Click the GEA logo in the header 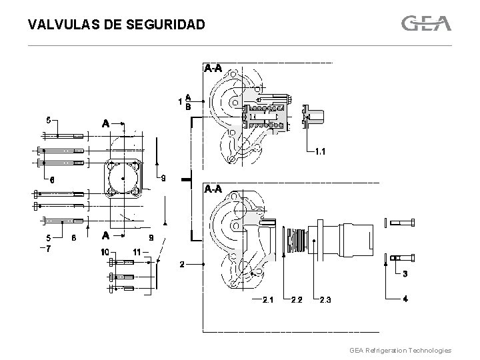tap(427, 23)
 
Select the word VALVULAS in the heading tap(59, 25)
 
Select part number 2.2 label tap(297, 299)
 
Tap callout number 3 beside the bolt tap(405, 274)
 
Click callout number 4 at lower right tap(405, 299)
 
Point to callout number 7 tap(48, 247)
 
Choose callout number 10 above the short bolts tap(105, 252)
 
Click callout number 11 tap(137, 252)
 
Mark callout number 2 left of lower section tap(183, 264)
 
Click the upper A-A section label tap(213, 68)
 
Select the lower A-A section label tap(213, 189)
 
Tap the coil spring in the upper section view tap(267, 115)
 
